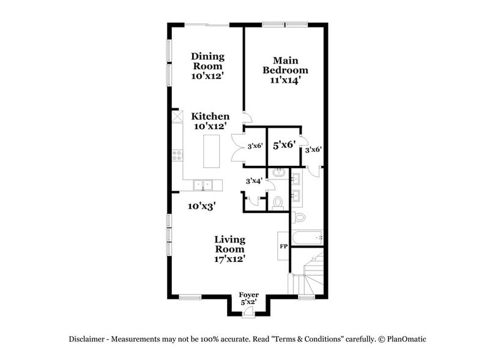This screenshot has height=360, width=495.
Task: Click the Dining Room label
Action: pyautogui.click(x=207, y=66)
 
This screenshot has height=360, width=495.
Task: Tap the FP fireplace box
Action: pyautogui.click(x=283, y=246)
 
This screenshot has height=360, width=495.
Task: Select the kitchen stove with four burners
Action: pyautogui.click(x=177, y=156)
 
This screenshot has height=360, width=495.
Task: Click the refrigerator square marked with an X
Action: pyautogui.click(x=177, y=116)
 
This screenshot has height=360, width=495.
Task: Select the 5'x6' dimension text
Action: pyautogui.click(x=284, y=145)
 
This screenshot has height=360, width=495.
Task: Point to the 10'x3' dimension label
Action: pyautogui.click(x=199, y=206)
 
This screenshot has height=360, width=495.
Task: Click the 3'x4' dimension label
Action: pyautogui.click(x=253, y=181)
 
